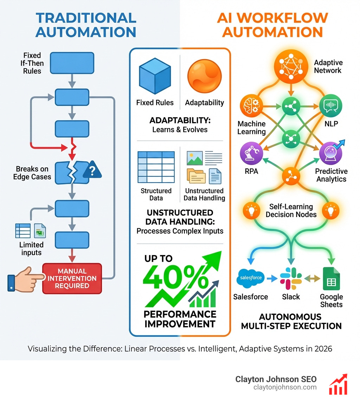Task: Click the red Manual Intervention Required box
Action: pos(72,278)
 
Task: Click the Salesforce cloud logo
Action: pos(250,278)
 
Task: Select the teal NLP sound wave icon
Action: pos(330,106)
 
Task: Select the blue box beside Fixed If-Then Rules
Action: pos(72,63)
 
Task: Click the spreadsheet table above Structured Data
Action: pos(156,168)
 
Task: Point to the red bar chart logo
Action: pos(338,384)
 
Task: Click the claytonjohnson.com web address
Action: pos(285,387)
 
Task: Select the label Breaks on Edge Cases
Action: pos(32,173)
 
